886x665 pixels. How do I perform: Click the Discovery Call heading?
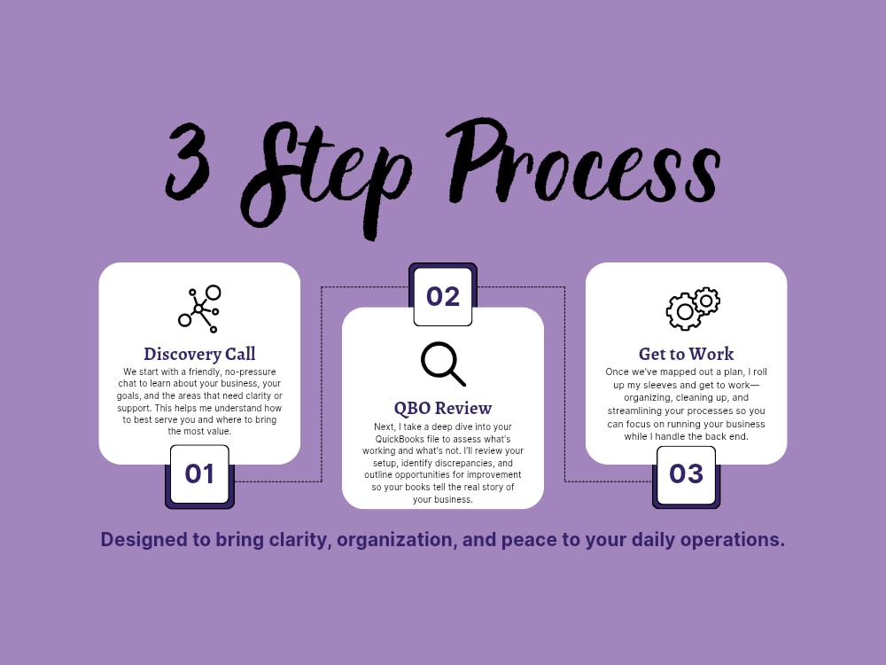coord(199,354)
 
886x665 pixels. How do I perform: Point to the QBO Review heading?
coord(443,408)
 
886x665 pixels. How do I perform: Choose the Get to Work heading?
coord(686,354)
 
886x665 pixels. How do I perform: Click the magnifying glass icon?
coord(444,364)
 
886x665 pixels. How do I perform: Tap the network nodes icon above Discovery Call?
coord(199,309)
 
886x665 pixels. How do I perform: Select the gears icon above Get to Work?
coord(693,309)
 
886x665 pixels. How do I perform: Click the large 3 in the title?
coord(187,161)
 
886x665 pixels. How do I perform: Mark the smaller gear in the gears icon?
coord(706,301)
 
